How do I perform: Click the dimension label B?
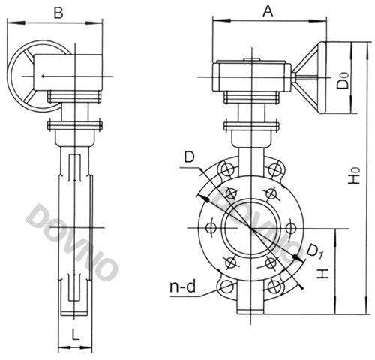[58, 13]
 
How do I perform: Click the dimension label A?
[268, 11]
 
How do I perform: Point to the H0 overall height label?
[354, 175]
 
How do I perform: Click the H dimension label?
[323, 274]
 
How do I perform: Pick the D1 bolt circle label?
[314, 251]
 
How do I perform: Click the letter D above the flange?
[189, 157]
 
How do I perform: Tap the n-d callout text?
[182, 286]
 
